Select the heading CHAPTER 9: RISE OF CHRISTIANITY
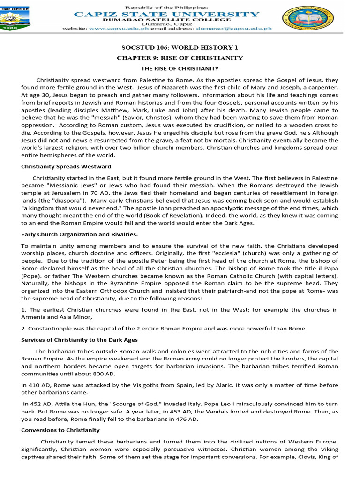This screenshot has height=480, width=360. tap(180, 58)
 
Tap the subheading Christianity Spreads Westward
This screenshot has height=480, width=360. tap(66, 166)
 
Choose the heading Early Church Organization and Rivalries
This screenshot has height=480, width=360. tap(80, 234)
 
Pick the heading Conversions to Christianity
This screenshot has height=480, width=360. tap(60, 430)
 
